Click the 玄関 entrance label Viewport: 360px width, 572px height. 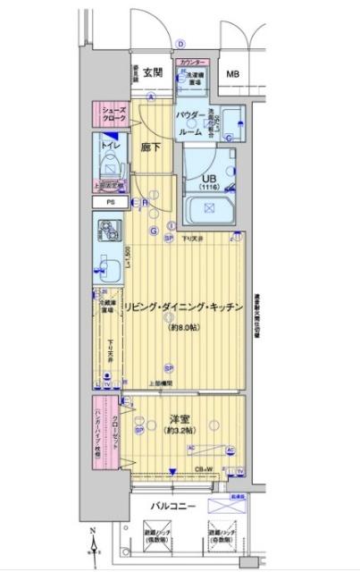(x=150, y=72)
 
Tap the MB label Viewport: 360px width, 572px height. (x=232, y=74)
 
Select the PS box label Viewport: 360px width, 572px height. (x=111, y=202)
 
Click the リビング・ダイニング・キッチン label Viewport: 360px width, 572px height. (x=183, y=307)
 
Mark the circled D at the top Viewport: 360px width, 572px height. (x=180, y=42)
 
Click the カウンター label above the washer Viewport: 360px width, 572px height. (x=192, y=63)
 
